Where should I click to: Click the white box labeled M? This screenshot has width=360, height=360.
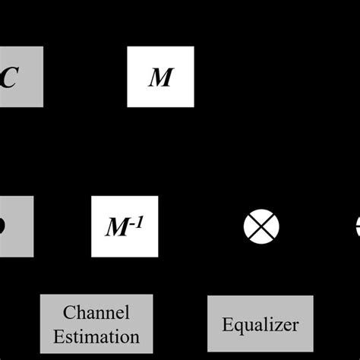161,77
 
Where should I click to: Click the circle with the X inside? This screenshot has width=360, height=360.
261,226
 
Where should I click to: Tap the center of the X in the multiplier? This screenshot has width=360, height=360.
261,226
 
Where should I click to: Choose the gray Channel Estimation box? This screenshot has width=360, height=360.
96,324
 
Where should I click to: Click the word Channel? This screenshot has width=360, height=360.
96,313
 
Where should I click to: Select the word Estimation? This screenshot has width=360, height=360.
96,336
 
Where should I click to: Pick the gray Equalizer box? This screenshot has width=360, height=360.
261,324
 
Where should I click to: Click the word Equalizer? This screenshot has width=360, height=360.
261,325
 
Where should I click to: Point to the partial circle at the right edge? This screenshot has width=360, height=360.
357,226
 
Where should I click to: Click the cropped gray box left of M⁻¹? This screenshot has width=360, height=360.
16,226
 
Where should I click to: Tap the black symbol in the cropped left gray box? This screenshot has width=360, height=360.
3,226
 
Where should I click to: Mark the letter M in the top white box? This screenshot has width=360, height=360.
161,77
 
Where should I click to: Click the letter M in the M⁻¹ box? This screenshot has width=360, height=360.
118,228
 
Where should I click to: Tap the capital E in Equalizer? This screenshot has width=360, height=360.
227,324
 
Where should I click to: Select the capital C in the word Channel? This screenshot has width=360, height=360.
68,313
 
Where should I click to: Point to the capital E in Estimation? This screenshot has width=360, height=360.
58,336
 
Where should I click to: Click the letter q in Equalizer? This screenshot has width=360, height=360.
237,327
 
